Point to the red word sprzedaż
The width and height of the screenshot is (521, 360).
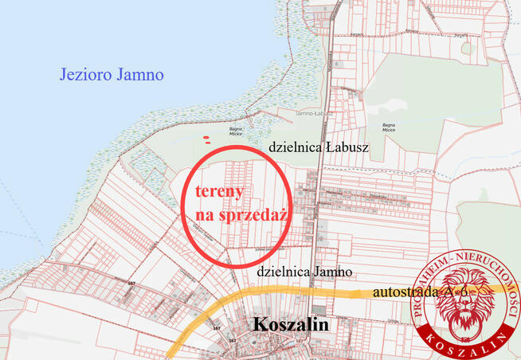pos(254,215)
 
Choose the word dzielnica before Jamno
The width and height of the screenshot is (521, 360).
pos(282,272)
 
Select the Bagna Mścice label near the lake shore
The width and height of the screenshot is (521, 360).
pos(236,131)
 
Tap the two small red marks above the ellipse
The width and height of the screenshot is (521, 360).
pos(207,140)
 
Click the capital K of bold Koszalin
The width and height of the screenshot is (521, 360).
pos(260,326)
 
